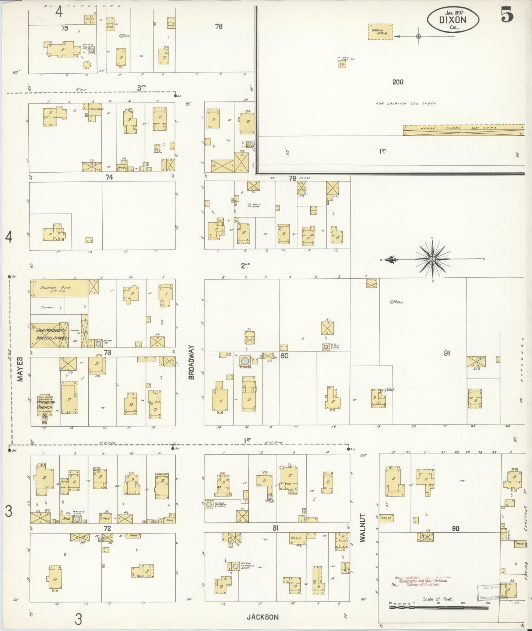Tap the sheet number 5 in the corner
coord(507,15)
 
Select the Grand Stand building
coord(380,32)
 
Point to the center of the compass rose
coord(433,259)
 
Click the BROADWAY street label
coord(191,362)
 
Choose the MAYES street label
coord(20,369)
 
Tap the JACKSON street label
coord(263,617)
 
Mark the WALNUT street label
coord(363,527)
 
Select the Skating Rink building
coord(59,288)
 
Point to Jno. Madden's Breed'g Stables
coord(49,333)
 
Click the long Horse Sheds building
coord(463,130)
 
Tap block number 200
coord(398,82)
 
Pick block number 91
coord(447,353)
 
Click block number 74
coord(109,177)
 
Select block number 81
coord(275,528)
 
